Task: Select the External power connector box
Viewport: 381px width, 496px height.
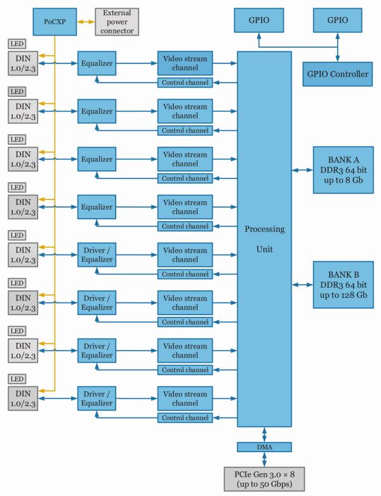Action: tap(116, 21)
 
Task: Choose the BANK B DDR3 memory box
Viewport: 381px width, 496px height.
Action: tap(343, 283)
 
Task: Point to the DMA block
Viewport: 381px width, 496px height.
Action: tap(264, 447)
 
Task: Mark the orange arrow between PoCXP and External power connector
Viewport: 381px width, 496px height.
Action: tap(85, 21)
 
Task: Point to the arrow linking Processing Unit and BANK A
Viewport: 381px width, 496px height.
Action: tap(302, 170)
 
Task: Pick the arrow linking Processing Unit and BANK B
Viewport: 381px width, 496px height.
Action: tap(302, 284)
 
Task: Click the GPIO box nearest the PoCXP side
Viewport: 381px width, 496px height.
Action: tap(258, 20)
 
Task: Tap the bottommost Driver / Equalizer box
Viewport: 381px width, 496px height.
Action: tap(97, 397)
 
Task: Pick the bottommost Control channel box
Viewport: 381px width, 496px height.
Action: tap(185, 417)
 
